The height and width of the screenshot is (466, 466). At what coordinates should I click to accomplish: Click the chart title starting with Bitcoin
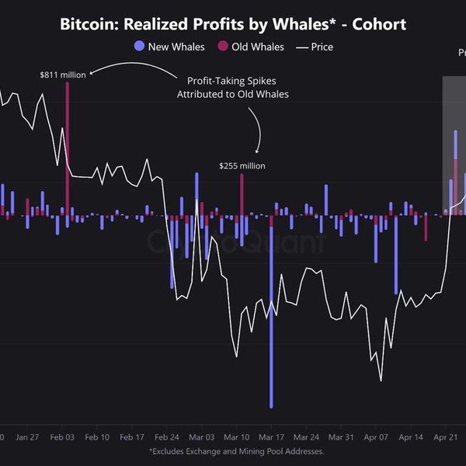233,24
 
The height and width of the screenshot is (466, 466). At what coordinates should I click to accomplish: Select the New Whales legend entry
169,47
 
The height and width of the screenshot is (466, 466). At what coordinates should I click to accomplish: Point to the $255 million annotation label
242,165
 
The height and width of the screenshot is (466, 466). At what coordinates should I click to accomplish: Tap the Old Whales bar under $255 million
242,194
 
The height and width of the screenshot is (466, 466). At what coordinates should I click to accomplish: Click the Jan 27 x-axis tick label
27,437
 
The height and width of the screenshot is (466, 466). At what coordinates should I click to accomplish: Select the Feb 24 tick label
166,437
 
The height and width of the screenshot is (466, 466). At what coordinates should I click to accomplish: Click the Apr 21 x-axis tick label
446,437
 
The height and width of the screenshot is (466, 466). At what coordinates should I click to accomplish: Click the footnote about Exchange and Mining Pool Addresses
236,450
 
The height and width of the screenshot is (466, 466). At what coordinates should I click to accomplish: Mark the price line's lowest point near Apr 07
381,381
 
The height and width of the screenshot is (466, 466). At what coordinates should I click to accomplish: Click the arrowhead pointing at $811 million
92,75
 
